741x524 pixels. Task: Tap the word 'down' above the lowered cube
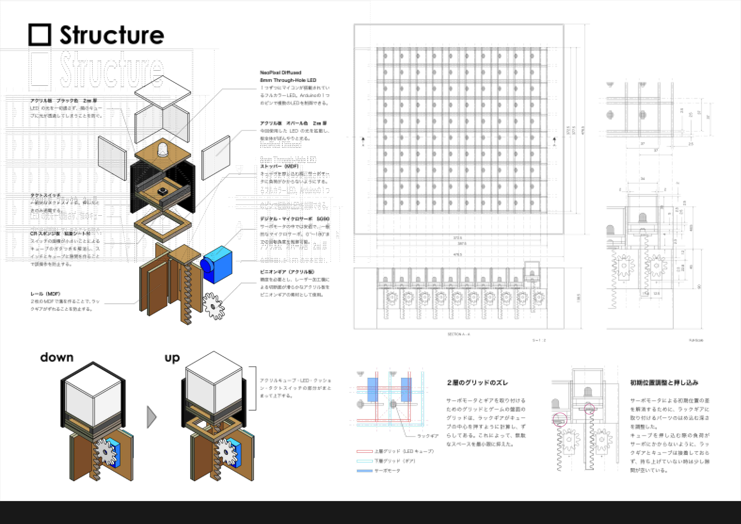pos(57,357)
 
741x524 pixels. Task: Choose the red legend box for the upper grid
pos(364,451)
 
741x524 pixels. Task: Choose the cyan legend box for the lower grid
pos(364,461)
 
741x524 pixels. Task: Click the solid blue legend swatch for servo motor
pos(364,471)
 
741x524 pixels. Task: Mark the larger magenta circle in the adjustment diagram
pos(560,420)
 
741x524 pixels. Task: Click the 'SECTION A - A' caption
pos(459,334)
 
